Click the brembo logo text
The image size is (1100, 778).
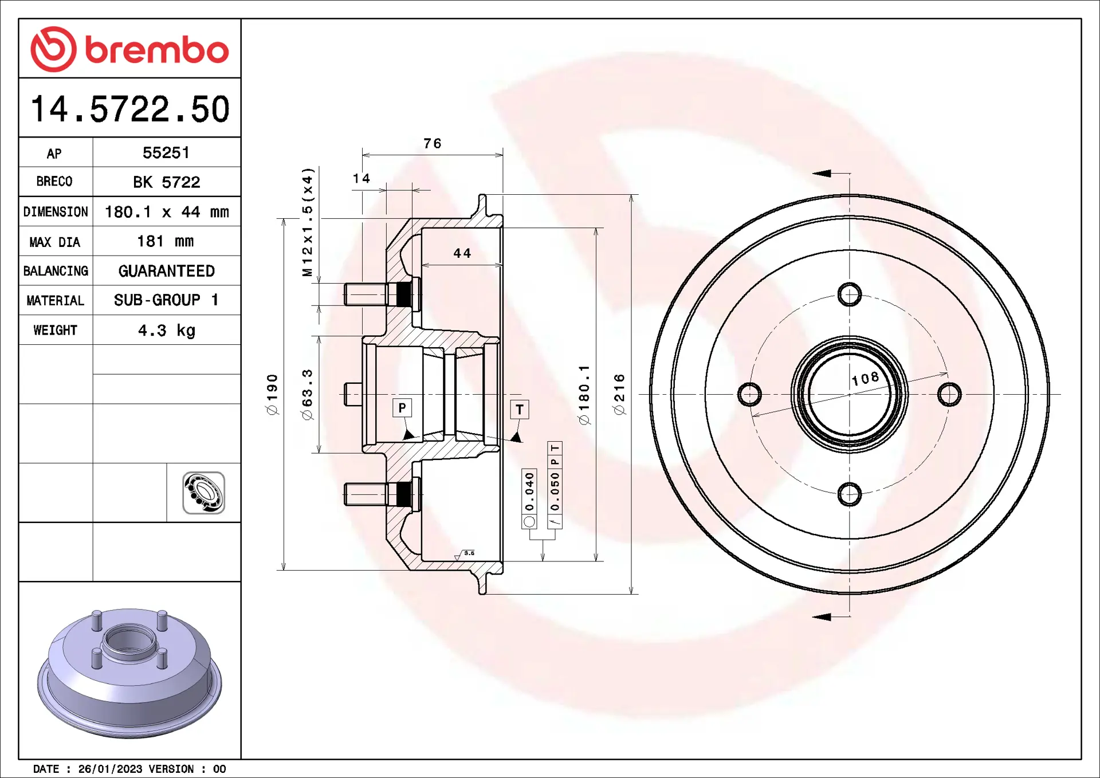pos(157,50)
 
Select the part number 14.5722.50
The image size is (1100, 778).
pos(130,109)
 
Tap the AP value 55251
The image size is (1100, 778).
pos(166,153)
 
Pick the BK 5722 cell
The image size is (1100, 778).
pos(167,182)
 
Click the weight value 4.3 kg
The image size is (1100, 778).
pos(167,331)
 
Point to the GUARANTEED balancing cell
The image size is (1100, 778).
pos(167,271)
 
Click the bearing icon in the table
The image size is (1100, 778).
pos(203,493)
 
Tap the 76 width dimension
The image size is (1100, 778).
pos(433,143)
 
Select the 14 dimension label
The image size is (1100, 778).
pos(362,179)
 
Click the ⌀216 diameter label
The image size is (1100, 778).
pos(619,394)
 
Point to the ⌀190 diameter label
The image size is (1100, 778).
pos(272,394)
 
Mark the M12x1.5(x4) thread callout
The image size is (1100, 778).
pos(308,222)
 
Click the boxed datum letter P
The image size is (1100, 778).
pos(402,408)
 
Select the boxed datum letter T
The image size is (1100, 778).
pos(520,410)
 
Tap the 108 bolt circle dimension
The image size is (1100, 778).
pos(865,379)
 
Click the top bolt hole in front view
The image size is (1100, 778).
pos(850,295)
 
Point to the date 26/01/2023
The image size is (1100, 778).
pos(110,769)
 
